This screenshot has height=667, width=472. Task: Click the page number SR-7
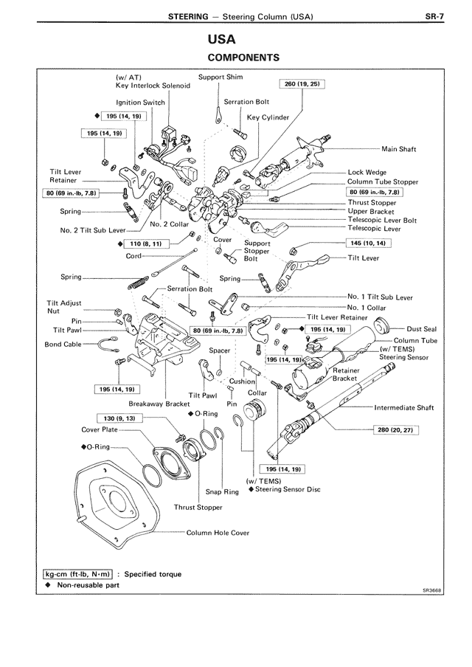434,15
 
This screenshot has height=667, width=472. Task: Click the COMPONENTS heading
243,57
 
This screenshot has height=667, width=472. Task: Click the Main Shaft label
399,149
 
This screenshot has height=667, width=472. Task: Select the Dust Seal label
421,329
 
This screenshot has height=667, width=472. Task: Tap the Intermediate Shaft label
403,407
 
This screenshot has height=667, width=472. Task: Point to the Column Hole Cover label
218,532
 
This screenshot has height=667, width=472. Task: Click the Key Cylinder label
268,117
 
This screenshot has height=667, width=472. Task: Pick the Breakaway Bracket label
159,404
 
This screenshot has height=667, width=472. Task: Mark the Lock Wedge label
367,173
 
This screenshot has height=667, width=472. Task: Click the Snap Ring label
222,491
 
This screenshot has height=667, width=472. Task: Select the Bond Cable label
63,344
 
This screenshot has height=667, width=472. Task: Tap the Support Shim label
221,77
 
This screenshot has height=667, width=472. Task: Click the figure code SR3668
432,590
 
